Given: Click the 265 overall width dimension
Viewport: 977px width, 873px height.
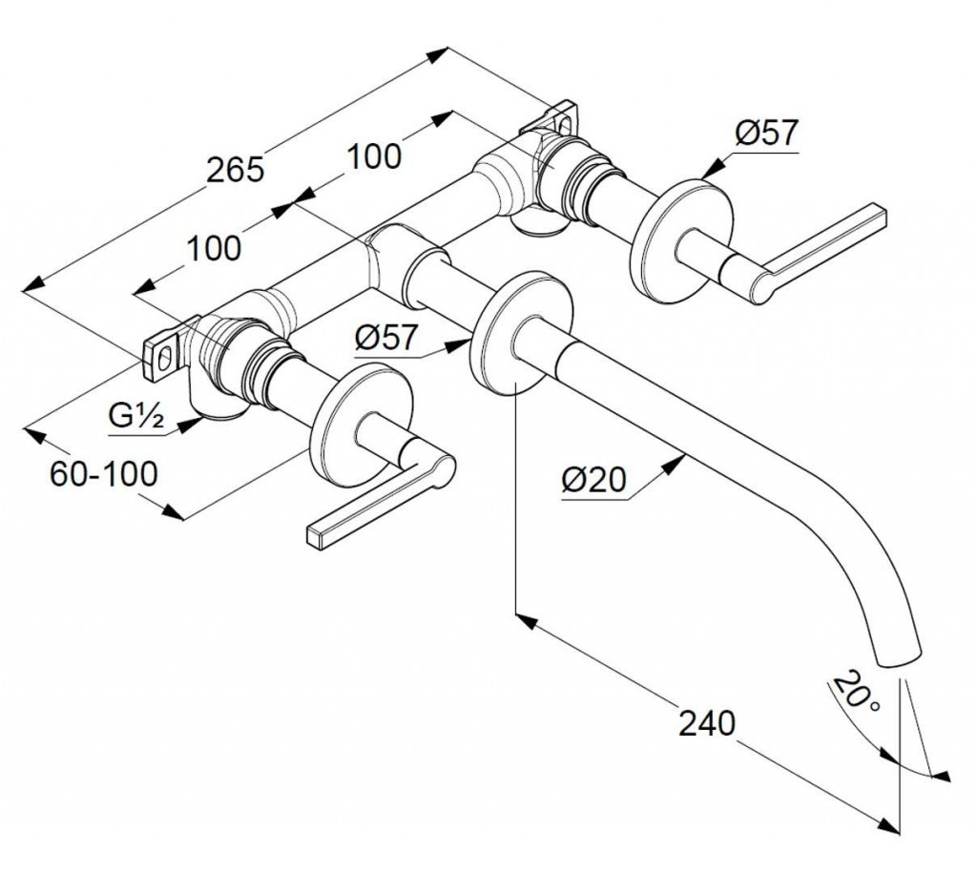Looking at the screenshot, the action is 236,169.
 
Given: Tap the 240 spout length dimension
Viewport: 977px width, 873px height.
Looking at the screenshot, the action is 707,723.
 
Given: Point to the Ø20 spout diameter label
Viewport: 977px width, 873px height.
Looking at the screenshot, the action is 593,480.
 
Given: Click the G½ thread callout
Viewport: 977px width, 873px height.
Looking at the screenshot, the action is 136,416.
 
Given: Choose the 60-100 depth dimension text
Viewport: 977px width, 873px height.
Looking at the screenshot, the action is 104,474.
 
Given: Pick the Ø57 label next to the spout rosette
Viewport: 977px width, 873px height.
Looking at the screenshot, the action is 386,339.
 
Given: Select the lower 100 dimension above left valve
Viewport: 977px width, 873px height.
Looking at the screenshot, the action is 214,248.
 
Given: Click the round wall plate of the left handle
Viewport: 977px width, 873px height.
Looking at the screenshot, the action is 364,424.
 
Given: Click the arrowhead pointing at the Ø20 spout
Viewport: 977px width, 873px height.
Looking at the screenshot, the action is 675,463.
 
